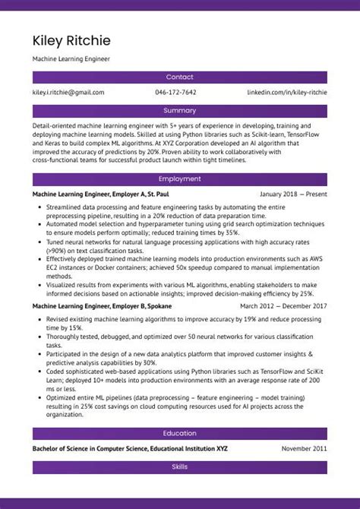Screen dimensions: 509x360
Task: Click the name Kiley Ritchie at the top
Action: point(71,40)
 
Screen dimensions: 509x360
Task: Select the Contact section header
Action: point(180,77)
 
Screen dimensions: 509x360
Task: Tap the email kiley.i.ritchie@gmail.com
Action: point(68,93)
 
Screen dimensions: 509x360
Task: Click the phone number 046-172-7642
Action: point(175,93)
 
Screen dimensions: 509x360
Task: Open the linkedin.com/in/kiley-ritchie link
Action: point(287,93)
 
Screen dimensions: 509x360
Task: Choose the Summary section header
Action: point(180,111)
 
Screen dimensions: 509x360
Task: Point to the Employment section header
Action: point(180,179)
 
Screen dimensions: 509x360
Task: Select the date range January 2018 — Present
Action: point(293,194)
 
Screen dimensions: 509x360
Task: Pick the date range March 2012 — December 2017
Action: point(283,305)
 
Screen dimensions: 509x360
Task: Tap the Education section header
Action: point(180,434)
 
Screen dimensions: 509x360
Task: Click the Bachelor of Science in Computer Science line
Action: point(130,449)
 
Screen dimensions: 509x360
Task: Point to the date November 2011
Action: point(305,449)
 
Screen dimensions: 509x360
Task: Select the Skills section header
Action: point(180,467)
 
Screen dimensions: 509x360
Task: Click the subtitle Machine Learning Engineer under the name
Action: point(71,58)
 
